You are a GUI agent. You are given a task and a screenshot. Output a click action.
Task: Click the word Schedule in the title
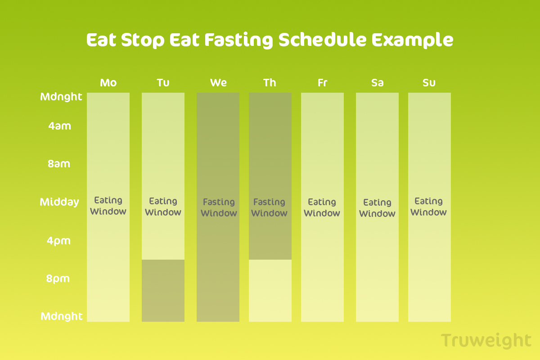(x=323, y=40)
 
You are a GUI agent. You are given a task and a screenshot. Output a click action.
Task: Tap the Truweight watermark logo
(x=486, y=341)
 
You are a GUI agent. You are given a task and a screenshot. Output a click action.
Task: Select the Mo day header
(x=108, y=83)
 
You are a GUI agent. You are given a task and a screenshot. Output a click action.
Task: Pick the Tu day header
(x=163, y=83)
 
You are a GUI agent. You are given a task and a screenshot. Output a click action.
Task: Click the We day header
(x=218, y=83)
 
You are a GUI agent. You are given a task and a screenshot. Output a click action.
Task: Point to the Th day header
(x=270, y=83)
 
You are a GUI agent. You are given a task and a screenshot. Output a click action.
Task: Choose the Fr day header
(x=322, y=83)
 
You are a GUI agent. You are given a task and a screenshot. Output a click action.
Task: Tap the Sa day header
(x=377, y=83)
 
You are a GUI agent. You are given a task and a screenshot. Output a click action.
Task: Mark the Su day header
(x=429, y=83)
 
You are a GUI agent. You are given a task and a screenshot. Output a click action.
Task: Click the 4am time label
(x=59, y=126)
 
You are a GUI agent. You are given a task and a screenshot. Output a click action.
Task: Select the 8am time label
(x=59, y=164)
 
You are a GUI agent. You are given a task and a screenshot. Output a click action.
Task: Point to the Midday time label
(x=59, y=202)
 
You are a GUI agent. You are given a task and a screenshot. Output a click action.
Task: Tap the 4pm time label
(x=58, y=241)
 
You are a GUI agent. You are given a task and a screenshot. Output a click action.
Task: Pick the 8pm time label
(x=58, y=279)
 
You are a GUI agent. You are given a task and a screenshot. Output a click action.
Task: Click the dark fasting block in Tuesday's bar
(x=163, y=291)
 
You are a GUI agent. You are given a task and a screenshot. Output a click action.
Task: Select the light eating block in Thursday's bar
(x=270, y=291)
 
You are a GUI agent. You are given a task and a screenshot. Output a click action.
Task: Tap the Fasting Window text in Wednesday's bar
(x=219, y=207)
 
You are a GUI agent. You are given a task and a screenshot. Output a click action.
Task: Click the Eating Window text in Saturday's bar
(x=377, y=208)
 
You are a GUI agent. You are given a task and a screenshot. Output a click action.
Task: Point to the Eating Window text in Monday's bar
(x=108, y=206)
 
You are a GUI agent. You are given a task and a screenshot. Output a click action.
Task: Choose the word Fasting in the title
(x=238, y=40)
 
